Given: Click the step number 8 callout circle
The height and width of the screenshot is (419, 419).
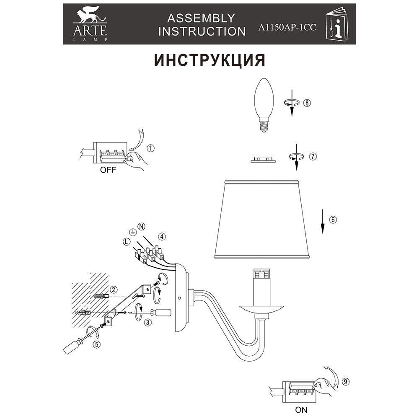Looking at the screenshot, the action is point(308,103).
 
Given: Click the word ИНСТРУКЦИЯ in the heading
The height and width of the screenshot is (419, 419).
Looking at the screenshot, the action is point(209,60).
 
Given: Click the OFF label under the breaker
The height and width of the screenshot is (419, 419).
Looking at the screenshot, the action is point(108,171).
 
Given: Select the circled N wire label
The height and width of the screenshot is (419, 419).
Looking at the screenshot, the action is point(142,227).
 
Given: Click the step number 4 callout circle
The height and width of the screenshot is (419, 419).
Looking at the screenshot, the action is point(162,236).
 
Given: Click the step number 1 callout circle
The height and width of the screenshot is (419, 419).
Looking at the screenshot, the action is point(150,148).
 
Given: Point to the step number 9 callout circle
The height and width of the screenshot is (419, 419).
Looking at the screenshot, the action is point(345,382).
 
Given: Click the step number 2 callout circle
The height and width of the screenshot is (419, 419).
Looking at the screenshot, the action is point(114,290).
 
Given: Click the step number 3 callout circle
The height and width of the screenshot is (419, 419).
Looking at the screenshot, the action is point(147,323).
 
